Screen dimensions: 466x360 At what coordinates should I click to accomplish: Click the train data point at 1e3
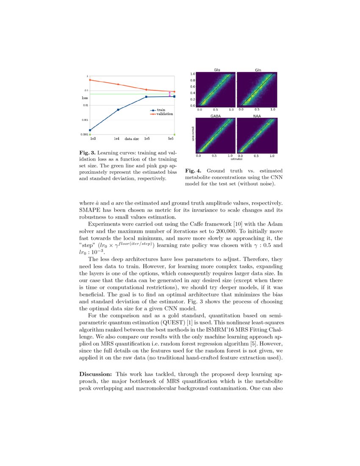point(90,130)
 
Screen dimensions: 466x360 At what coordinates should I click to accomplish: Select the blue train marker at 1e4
point(118,110)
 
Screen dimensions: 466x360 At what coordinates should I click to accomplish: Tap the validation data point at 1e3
point(90,80)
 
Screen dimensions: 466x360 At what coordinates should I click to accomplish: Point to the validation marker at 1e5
point(146,89)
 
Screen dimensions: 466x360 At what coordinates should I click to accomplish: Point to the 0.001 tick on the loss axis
point(84,120)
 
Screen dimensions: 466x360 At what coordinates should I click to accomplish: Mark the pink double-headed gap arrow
point(170,94)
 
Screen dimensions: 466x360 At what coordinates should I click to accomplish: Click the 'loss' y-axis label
point(85,98)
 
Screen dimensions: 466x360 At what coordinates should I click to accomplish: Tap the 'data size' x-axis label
point(132,139)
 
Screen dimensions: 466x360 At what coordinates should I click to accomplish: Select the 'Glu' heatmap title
point(217,69)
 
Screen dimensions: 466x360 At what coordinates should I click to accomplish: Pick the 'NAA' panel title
point(257,116)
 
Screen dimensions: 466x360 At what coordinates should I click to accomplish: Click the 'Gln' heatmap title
point(258,69)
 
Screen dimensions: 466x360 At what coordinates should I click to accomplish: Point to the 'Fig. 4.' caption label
point(194,171)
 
